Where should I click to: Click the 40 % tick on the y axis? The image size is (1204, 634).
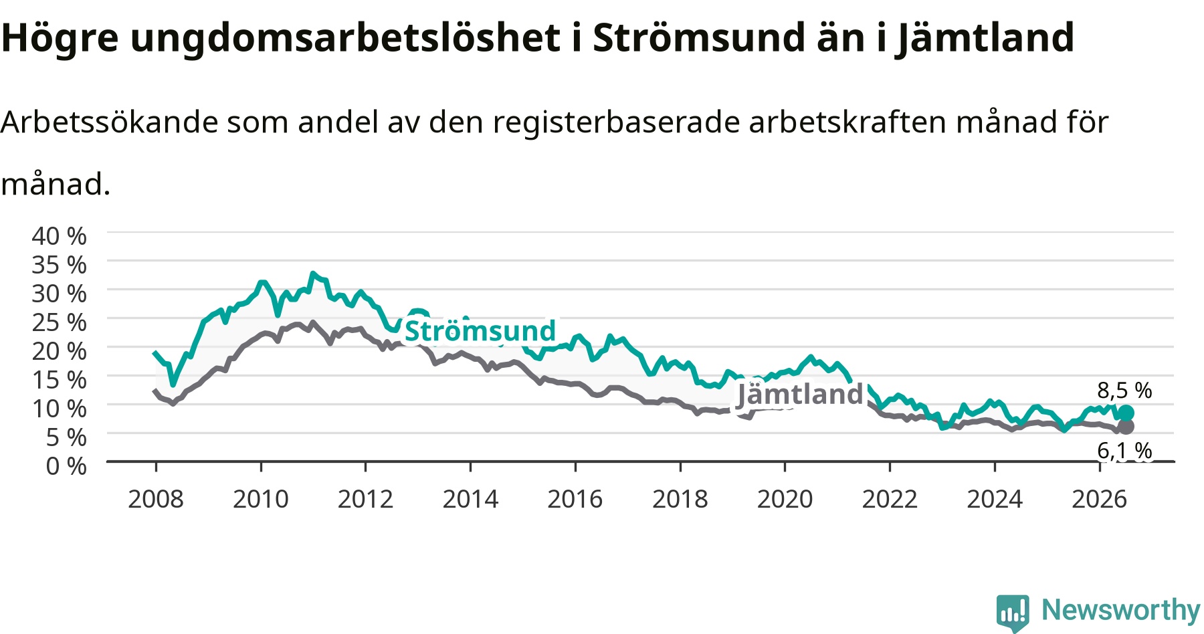click(x=59, y=236)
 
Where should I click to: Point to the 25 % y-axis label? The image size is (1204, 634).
click(x=59, y=322)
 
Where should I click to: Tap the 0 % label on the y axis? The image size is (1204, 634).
click(x=66, y=466)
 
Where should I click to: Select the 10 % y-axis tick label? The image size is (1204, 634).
click(x=59, y=409)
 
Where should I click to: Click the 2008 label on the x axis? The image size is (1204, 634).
click(x=156, y=499)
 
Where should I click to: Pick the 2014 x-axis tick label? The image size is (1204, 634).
click(x=470, y=499)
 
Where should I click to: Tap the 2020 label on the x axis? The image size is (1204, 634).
click(x=785, y=499)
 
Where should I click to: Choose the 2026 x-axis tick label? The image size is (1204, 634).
click(x=1100, y=499)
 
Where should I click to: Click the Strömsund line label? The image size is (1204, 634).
click(x=480, y=331)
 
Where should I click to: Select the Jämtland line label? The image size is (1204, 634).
click(x=800, y=395)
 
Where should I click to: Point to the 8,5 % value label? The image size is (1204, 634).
click(x=1124, y=391)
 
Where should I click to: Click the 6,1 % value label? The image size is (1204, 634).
click(x=1124, y=451)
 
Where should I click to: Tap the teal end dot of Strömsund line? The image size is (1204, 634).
click(x=1126, y=413)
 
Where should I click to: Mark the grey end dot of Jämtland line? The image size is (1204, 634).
click(x=1126, y=427)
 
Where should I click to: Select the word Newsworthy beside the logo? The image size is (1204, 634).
click(x=1121, y=610)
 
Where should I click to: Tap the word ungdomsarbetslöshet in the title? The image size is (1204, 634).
click(x=345, y=39)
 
